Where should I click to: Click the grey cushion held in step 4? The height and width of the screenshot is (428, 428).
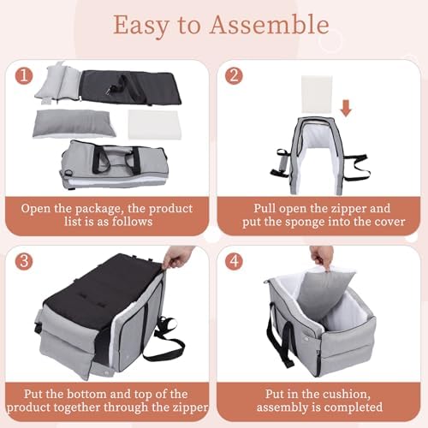(x=331, y=286)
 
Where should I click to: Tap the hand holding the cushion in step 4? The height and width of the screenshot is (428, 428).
(x=323, y=256)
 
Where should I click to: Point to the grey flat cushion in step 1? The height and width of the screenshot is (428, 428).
(x=72, y=122)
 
